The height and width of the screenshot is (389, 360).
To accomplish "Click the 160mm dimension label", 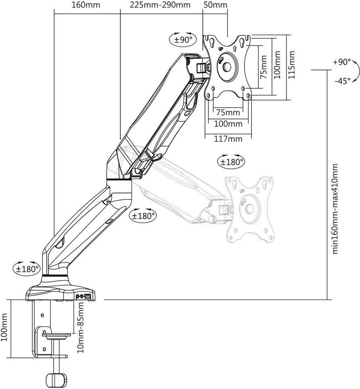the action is pyautogui.click(x=86, y=5).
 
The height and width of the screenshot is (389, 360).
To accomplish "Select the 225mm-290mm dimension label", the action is pyautogui.click(x=160, y=5).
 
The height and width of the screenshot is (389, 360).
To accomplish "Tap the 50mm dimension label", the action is pyautogui.click(x=215, y=5).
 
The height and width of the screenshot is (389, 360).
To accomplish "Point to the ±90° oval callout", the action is pyautogui.click(x=183, y=40).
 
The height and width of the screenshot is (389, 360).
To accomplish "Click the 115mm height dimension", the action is pyautogui.click(x=292, y=65).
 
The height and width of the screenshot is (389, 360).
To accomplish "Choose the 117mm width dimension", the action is pyautogui.click(x=228, y=139).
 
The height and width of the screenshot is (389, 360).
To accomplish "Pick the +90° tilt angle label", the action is pyautogui.click(x=341, y=62).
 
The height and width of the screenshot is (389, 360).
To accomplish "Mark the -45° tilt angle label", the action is pyautogui.click(x=342, y=81).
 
